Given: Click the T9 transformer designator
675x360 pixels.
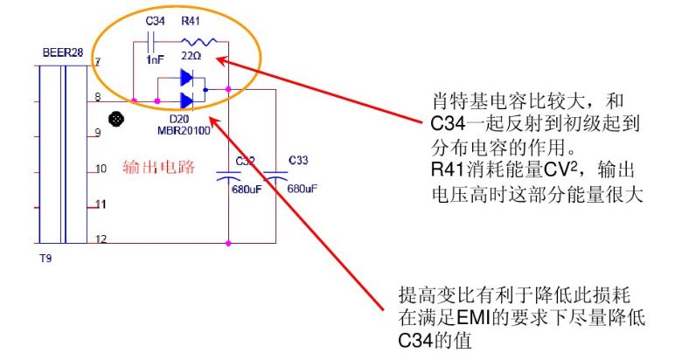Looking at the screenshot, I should pyautogui.click(x=47, y=259).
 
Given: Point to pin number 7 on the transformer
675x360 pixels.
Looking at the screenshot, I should pyautogui.click(x=98, y=62).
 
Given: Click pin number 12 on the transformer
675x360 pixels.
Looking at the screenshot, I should pyautogui.click(x=101, y=239).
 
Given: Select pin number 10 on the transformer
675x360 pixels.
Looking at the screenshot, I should pyautogui.click(x=101, y=168).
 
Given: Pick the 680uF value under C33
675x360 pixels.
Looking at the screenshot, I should pyautogui.click(x=301, y=188).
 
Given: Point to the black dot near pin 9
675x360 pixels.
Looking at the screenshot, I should pyautogui.click(x=113, y=119).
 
